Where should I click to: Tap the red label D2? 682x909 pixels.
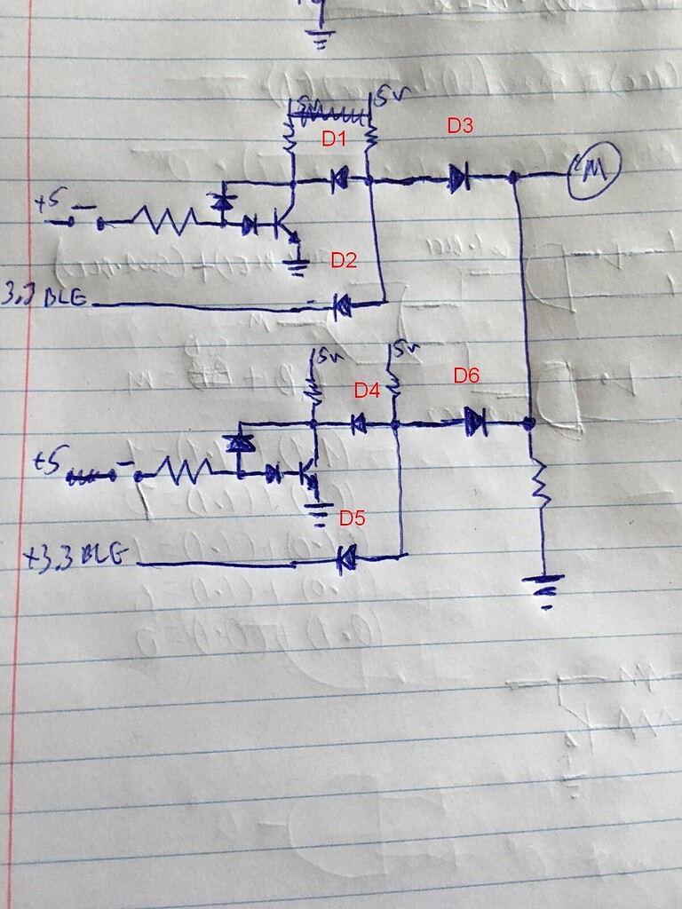(x=344, y=260)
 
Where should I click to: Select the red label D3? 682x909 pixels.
(x=459, y=127)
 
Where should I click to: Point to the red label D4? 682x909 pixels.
(x=367, y=390)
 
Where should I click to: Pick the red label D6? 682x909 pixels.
(x=466, y=375)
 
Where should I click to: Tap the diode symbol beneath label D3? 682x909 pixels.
(x=456, y=180)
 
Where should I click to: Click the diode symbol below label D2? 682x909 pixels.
(x=341, y=307)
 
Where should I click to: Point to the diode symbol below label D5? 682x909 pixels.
(x=345, y=558)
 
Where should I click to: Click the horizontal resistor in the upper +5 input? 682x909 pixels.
(x=165, y=219)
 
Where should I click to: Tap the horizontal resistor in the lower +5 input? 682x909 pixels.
(x=184, y=470)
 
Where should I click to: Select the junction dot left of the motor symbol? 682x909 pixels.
(x=514, y=178)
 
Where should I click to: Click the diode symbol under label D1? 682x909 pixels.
(x=338, y=181)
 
